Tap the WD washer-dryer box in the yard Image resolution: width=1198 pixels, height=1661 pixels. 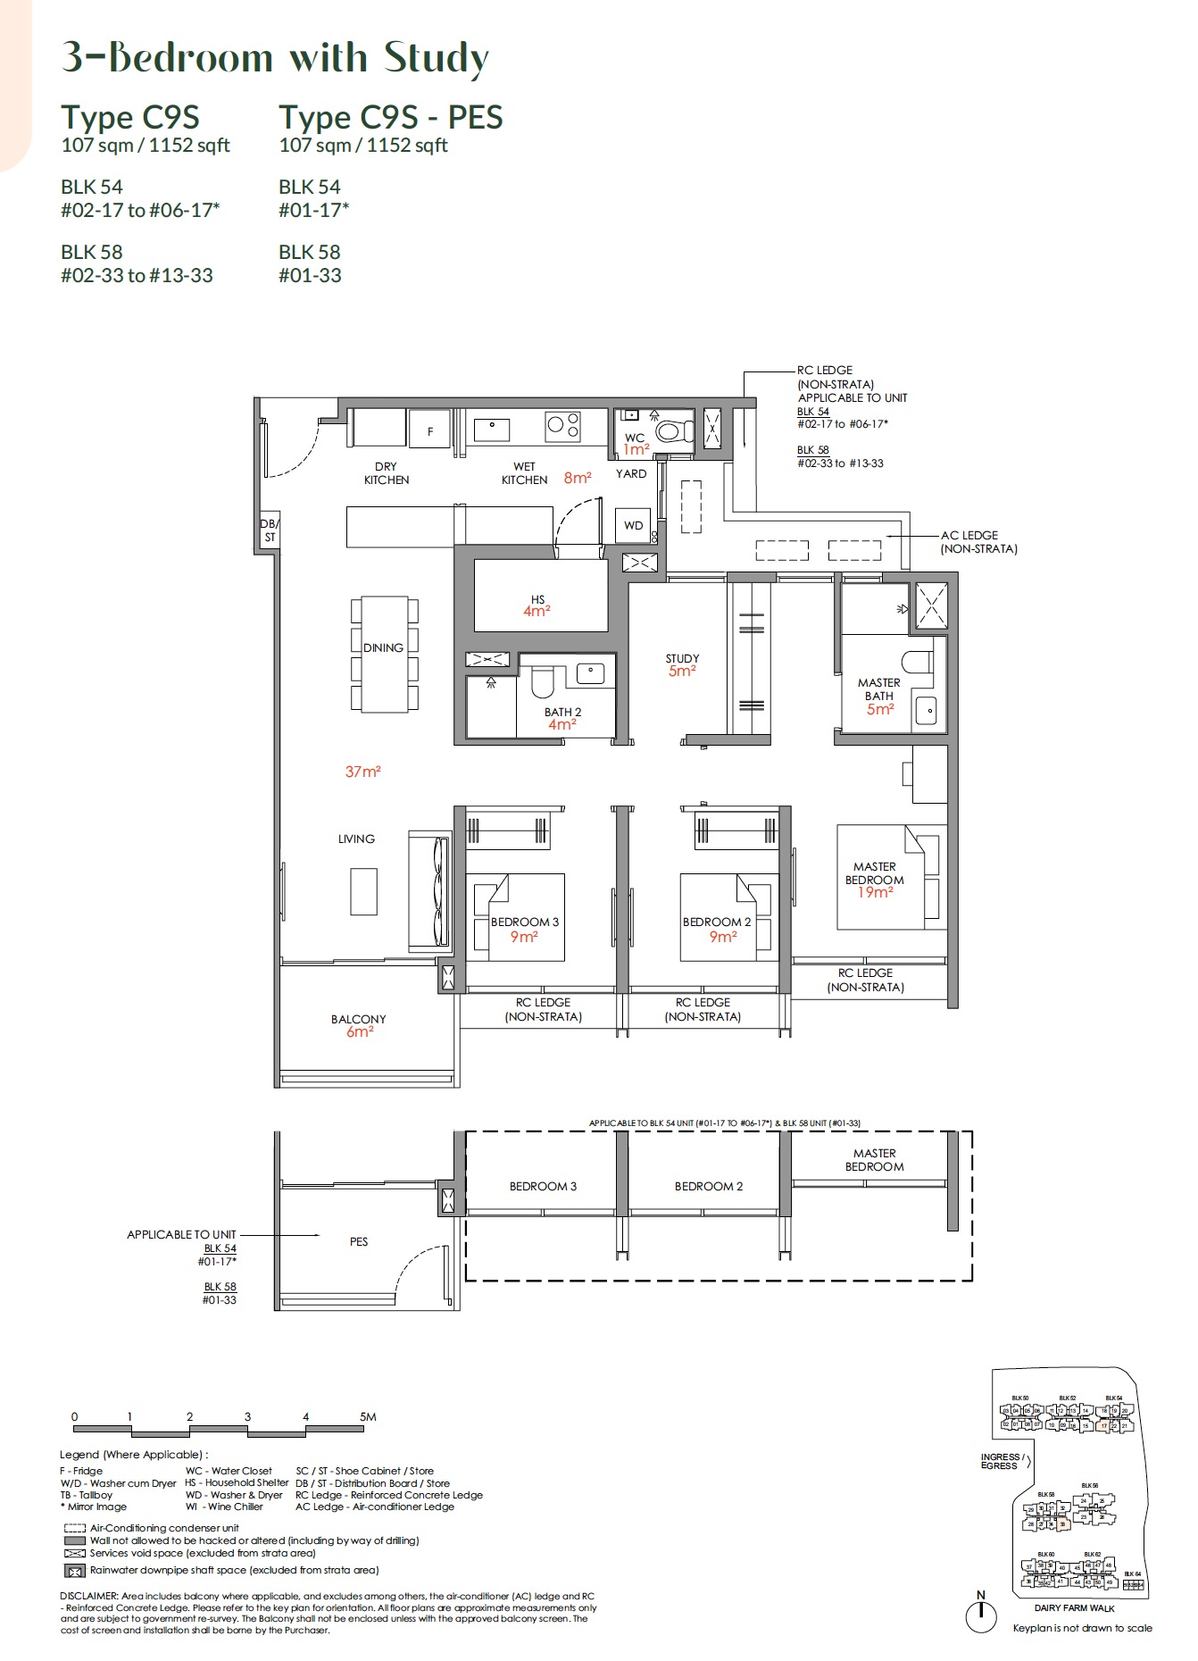(633, 525)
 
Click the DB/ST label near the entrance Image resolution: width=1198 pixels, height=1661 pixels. (270, 530)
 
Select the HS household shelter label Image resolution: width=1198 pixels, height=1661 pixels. (537, 599)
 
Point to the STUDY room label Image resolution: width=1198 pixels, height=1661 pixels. (682, 658)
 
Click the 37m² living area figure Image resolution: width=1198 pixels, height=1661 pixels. (363, 772)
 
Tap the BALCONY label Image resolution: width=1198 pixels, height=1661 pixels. (358, 1019)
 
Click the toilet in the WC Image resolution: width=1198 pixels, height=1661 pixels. (674, 432)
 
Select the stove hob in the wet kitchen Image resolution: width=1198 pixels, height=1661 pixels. (563, 426)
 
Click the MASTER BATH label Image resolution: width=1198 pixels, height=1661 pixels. (878, 689)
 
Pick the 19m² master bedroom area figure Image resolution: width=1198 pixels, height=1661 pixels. (875, 892)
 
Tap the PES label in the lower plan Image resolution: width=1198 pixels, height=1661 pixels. (359, 1241)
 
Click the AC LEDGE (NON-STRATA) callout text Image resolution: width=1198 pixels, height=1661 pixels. (978, 542)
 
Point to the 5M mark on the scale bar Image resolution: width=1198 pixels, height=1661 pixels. (367, 1416)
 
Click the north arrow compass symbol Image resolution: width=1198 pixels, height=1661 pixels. (981, 1615)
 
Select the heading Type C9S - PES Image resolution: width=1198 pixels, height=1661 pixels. (391, 117)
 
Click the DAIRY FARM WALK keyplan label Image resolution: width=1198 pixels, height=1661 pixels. (1074, 1608)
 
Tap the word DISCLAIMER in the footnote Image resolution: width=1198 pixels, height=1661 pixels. (88, 1596)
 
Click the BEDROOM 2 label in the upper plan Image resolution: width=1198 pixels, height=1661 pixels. (717, 922)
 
